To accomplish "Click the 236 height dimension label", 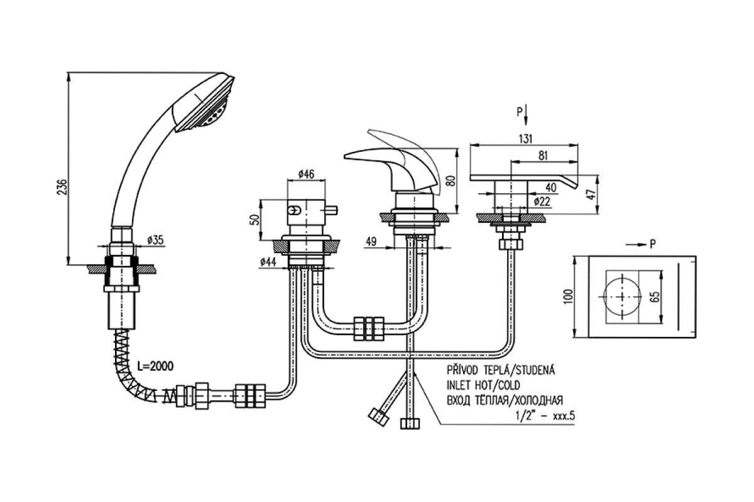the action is [63, 187].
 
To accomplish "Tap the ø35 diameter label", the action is [155, 240].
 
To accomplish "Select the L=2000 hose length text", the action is [156, 366].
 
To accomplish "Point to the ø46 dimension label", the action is [307, 174].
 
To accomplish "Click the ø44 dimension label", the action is [268, 261].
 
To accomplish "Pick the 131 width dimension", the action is [525, 139].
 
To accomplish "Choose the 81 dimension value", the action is [544, 156].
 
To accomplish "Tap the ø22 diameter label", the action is [542, 201].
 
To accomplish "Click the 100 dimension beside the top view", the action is [569, 296].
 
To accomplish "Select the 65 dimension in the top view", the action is [655, 297].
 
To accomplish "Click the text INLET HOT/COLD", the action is [483, 385].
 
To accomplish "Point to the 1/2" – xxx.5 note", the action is [545, 416].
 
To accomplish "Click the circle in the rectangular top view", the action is [623, 297].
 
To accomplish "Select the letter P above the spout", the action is [520, 112].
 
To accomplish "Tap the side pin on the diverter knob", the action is [332, 211].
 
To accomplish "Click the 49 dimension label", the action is [371, 242].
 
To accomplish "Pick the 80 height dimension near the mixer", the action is [452, 181].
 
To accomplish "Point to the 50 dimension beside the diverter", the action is [256, 220].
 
